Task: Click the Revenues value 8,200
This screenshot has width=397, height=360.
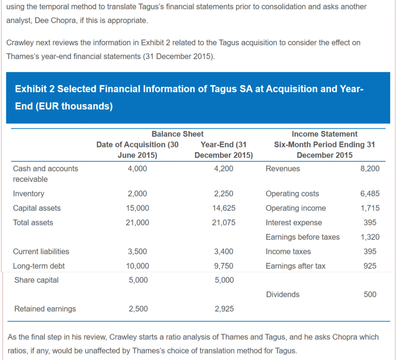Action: pyautogui.click(x=370, y=169)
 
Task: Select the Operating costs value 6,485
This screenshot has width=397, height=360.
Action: pyautogui.click(x=370, y=194)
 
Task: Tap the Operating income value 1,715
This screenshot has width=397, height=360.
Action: pyautogui.click(x=370, y=208)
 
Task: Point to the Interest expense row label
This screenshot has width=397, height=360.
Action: pyautogui.click(x=293, y=222)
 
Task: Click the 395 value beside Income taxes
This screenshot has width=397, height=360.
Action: pyautogui.click(x=370, y=251)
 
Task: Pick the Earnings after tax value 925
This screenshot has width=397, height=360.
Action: pyautogui.click(x=370, y=266)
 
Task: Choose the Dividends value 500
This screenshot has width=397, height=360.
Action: pyautogui.click(x=370, y=295)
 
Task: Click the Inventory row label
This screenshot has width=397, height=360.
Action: pyautogui.click(x=29, y=194)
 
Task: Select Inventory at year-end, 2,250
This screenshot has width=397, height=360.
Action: pyautogui.click(x=224, y=194)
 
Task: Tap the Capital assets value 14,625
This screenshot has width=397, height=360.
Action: pyautogui.click(x=224, y=208)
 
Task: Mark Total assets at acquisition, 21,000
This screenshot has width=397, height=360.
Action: pyautogui.click(x=138, y=222)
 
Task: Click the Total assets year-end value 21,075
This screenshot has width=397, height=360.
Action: pyautogui.click(x=224, y=222)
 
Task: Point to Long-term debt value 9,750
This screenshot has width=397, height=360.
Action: pyautogui.click(x=224, y=266)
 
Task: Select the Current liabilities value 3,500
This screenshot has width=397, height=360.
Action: pyautogui.click(x=138, y=251)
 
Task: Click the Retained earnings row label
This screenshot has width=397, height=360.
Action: pyautogui.click(x=45, y=309)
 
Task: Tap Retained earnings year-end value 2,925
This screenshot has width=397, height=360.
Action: pyautogui.click(x=224, y=309)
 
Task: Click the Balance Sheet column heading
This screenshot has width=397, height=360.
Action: pyautogui.click(x=177, y=134)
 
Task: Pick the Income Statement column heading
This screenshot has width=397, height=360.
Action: pyautogui.click(x=325, y=134)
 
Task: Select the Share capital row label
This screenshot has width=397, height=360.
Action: pyautogui.click(x=36, y=280)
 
